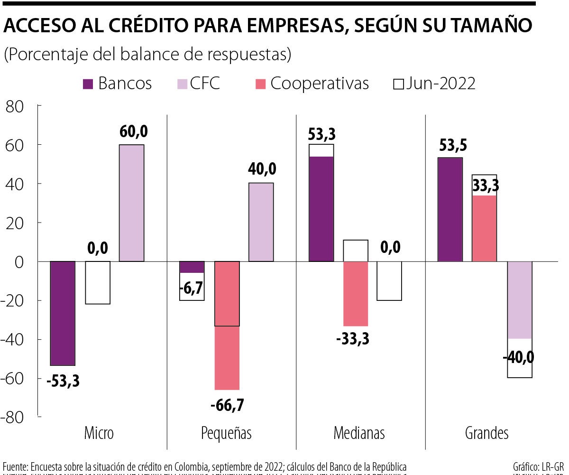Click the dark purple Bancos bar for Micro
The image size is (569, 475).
(63, 313)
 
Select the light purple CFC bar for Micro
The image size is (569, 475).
(131, 203)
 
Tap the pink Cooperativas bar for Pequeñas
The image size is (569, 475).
(227, 325)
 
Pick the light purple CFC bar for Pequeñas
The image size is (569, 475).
(261, 222)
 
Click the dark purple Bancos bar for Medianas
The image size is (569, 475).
(321, 209)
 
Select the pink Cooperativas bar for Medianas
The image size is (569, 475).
(356, 293)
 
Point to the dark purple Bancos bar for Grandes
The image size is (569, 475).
(450, 209)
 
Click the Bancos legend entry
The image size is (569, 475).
(118, 84)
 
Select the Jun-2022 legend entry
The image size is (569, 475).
(435, 84)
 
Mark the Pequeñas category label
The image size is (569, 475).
(227, 433)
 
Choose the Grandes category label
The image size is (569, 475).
(486, 433)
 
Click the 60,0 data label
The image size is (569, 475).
(131, 131)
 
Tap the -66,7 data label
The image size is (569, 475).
(227, 406)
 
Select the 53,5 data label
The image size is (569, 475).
(450, 145)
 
